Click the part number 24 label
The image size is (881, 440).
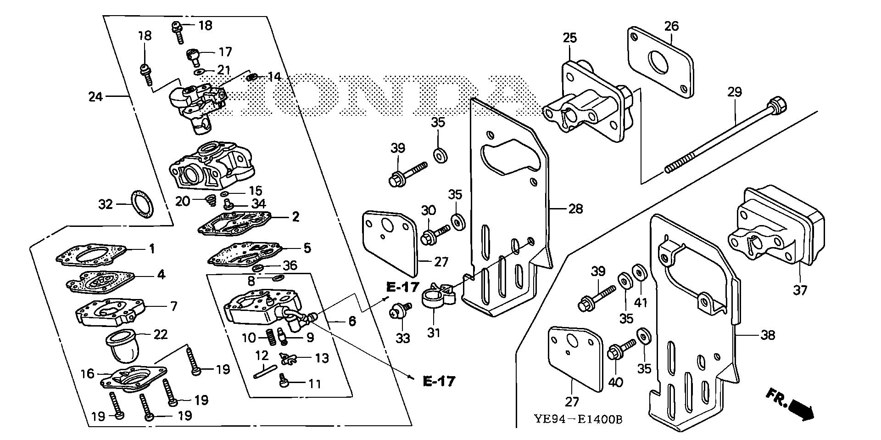coord(95,97)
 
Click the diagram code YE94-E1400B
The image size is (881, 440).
coord(578,419)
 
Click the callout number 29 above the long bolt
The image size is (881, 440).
coord(735,92)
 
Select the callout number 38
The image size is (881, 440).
coord(767,335)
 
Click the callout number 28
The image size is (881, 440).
coord(575,209)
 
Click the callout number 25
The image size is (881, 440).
coord(570,38)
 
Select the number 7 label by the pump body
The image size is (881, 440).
coord(173,306)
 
